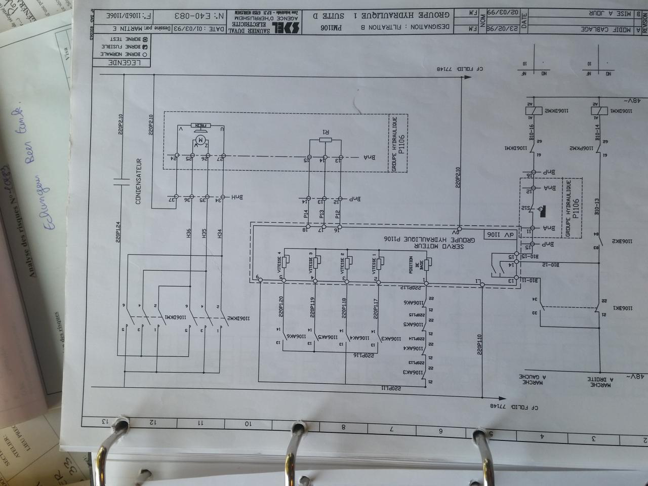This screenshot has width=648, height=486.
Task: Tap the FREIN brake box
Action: click(199, 125)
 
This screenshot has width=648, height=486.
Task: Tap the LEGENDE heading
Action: click(121, 63)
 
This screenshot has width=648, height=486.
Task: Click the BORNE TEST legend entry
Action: click(126, 38)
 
